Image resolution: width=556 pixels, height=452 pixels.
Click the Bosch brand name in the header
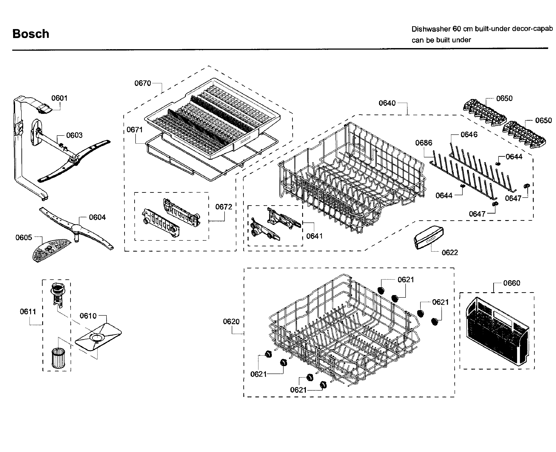pos(31,34)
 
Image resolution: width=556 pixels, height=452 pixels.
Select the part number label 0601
pos(59,98)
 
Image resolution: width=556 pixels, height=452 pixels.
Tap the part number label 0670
pos(143,83)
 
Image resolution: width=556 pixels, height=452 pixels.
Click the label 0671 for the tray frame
pos(134,130)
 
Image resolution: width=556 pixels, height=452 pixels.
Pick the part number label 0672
pos(223,207)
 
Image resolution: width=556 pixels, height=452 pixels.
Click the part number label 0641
pos(314,236)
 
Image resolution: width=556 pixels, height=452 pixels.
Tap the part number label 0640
pos(387,103)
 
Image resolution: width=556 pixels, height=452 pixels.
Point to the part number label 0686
pos(424,143)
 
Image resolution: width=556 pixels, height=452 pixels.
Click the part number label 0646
pos(469,135)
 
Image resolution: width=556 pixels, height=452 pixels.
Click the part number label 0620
pos(231,322)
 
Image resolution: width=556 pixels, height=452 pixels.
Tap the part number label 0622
pos(450,253)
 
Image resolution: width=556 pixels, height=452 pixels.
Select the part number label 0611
pos(28,311)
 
